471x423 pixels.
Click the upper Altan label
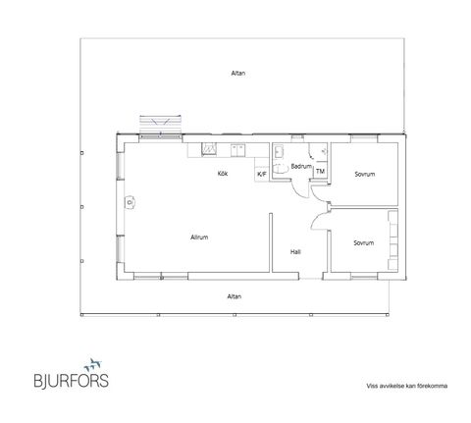238,74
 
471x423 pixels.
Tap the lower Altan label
235,296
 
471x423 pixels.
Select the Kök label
223,174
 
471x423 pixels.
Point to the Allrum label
199,238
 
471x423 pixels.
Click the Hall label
295,252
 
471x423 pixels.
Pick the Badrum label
301,166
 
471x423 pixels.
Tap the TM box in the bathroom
320,172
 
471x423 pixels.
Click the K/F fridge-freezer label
262,174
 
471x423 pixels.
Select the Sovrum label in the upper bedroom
365,174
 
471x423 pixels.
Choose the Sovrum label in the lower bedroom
363,243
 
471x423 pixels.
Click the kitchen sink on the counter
209,149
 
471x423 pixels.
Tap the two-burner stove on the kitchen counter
237,150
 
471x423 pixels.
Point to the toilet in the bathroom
279,168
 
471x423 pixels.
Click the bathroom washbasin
279,152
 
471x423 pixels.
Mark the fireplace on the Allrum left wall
130,202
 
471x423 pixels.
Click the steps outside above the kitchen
160,125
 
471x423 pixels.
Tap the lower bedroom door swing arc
317,219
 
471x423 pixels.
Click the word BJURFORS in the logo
72,381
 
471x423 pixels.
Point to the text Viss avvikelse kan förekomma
407,386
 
